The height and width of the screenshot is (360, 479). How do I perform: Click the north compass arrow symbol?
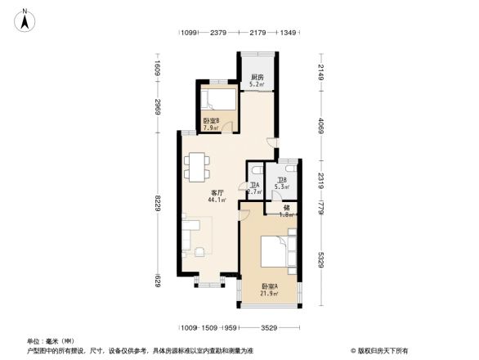(x=25, y=19)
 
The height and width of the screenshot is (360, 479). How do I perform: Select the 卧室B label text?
(x=211, y=120)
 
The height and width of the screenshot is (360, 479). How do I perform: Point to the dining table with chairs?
(x=197, y=166)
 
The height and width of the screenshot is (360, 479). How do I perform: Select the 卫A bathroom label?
(x=254, y=185)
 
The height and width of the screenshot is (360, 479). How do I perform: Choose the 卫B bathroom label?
(x=281, y=180)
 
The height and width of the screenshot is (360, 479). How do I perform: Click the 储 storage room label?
(x=286, y=208)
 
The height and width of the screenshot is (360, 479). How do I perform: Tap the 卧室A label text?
(x=268, y=286)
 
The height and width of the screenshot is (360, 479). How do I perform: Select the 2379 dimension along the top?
(x=217, y=33)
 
